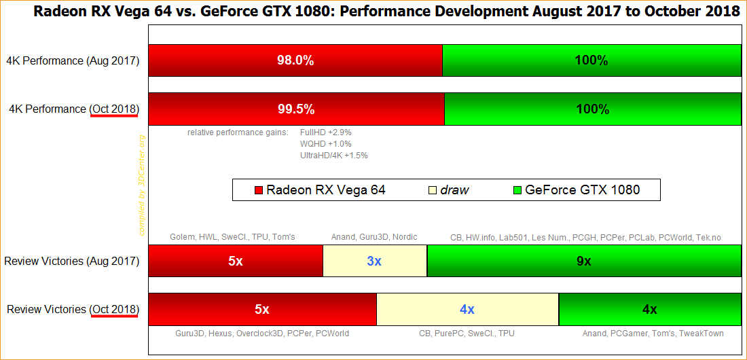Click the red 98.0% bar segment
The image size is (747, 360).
[295, 60]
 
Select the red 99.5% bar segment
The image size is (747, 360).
[296, 109]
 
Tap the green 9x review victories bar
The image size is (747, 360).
[584, 261]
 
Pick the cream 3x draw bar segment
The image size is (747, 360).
[374, 261]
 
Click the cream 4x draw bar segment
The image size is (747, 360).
[467, 309]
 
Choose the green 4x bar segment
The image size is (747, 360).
[649, 309]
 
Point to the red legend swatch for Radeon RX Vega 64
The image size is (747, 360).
[258, 190]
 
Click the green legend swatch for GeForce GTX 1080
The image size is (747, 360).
[517, 190]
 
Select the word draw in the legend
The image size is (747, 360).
[454, 190]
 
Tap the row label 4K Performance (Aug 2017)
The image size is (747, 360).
[73, 60]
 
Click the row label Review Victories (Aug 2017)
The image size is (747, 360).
[72, 261]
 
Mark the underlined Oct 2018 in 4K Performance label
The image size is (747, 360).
[114, 109]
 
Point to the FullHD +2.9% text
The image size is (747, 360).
[326, 132]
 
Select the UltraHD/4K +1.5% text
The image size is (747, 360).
[334, 155]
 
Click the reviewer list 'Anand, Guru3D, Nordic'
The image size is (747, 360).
[374, 237]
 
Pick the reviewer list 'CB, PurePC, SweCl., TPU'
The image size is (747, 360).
[467, 334]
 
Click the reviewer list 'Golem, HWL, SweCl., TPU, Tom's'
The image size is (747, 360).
[232, 237]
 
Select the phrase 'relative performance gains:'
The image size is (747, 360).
[238, 132]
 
